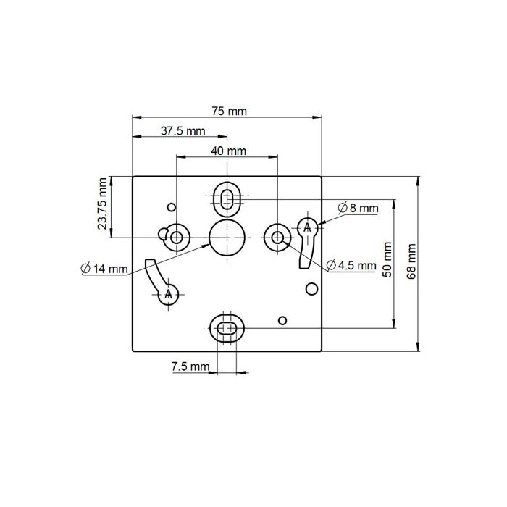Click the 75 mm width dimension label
(x=229, y=111)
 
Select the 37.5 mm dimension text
(x=183, y=131)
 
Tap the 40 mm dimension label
(x=228, y=151)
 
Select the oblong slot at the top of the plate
(x=227, y=197)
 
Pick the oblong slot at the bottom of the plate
(x=227, y=328)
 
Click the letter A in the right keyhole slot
(x=307, y=227)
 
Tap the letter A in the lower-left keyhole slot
(x=169, y=294)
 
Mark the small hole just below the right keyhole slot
(x=311, y=289)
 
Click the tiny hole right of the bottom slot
(x=283, y=319)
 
